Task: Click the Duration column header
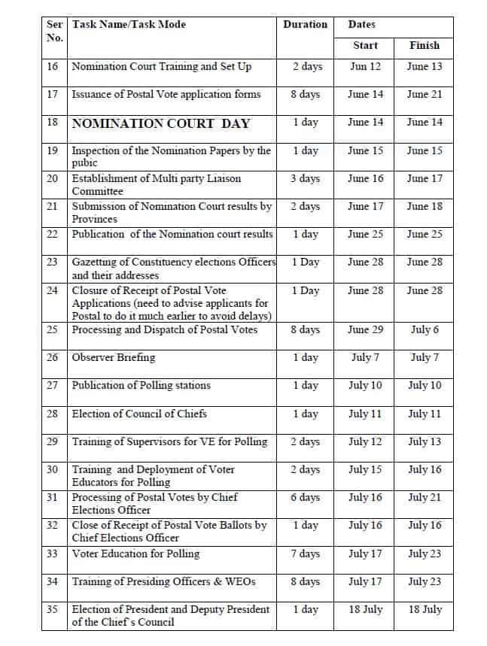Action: [x=305, y=25]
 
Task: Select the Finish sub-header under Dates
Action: [x=424, y=46]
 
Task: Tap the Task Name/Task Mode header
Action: [x=129, y=25]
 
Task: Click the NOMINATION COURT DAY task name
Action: [x=160, y=123]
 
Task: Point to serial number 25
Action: [x=53, y=329]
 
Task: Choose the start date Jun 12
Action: [x=365, y=66]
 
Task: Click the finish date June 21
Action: [x=424, y=95]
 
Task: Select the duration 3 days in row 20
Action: [x=306, y=179]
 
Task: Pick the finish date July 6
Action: [x=424, y=329]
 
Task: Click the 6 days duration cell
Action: [x=306, y=497]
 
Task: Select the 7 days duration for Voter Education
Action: [x=306, y=553]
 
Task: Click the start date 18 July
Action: [x=365, y=610]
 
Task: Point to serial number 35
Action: [x=53, y=609]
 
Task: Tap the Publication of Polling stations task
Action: [x=142, y=386]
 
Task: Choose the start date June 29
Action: [x=365, y=329]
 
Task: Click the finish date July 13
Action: [x=424, y=441]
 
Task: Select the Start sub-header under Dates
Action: [x=365, y=46]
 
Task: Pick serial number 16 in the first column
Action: [x=53, y=66]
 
